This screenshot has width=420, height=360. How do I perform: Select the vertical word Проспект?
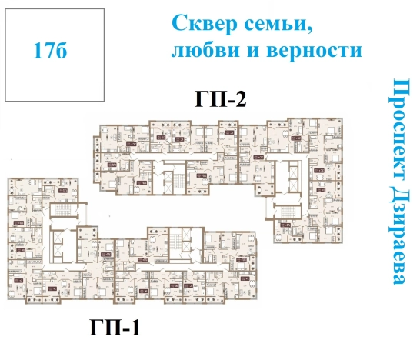tap(399, 126)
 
